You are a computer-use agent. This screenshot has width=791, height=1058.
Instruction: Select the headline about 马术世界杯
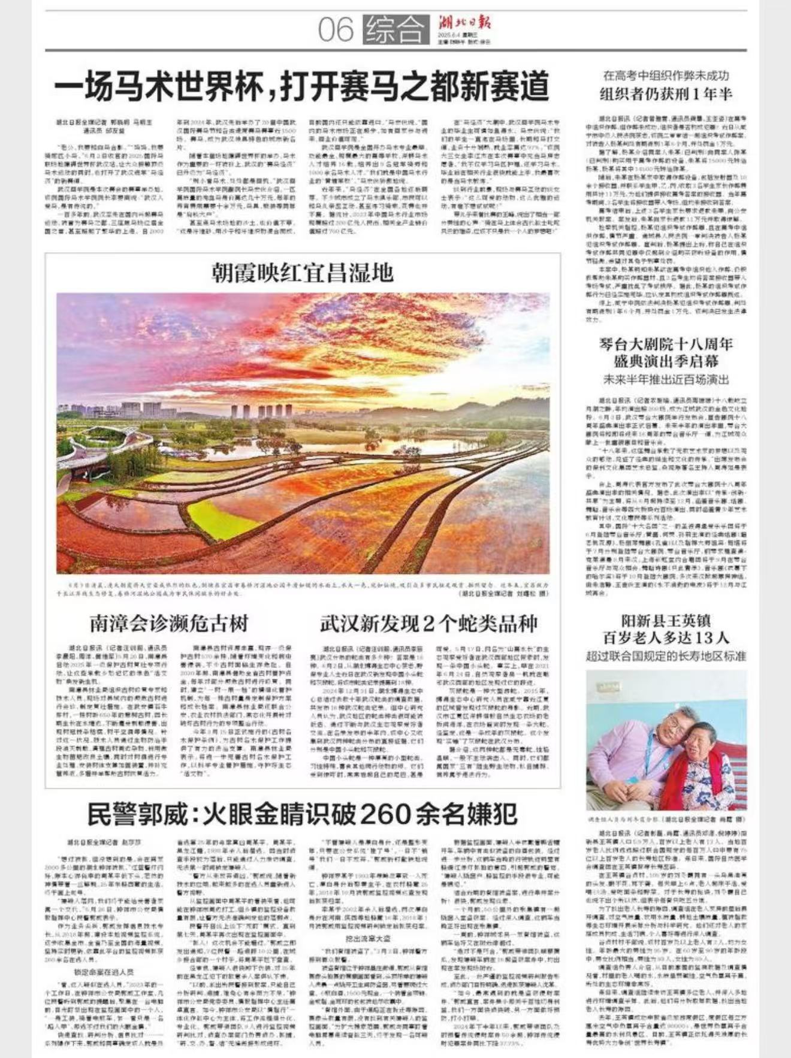tap(302, 86)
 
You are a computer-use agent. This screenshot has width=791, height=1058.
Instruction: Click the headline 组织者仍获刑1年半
tap(666, 94)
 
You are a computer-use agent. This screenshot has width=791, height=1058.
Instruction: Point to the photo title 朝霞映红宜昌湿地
tap(303, 273)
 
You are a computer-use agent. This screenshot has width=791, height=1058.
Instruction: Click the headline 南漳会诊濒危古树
tap(169, 623)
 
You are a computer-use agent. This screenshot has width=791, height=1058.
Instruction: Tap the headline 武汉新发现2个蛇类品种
tap(428, 623)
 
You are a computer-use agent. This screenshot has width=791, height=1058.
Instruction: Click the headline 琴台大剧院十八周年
tap(666, 344)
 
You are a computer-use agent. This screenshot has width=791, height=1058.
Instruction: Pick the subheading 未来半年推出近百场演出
tap(666, 380)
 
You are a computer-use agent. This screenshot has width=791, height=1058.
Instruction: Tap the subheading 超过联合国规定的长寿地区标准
tap(666, 656)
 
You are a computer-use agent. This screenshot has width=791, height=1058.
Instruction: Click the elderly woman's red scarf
tap(698, 773)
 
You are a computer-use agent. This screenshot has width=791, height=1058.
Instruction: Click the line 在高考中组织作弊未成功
tap(666, 76)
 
